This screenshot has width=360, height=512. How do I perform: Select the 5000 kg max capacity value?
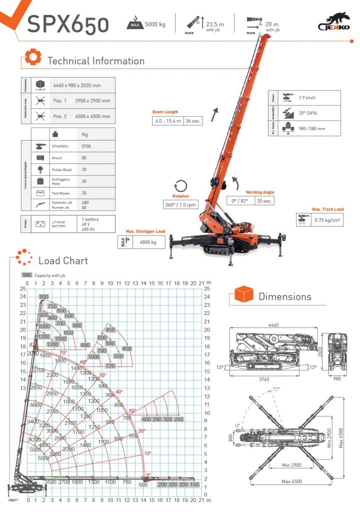tap(155, 24)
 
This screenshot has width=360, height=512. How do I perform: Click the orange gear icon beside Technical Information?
tap(32, 58)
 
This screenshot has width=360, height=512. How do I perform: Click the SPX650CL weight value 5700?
tap(86, 146)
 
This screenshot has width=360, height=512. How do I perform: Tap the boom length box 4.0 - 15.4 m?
tap(168, 120)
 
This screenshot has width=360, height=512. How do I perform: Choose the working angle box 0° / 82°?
tap(240, 201)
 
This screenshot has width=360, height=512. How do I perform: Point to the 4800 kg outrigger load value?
tap(148, 242)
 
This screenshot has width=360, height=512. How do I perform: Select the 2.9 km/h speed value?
tap(308, 98)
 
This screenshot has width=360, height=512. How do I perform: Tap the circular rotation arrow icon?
tap(180, 185)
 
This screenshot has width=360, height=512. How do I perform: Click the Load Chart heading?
tap(63, 260)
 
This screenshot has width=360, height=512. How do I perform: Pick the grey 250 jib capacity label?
tap(178, 419)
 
